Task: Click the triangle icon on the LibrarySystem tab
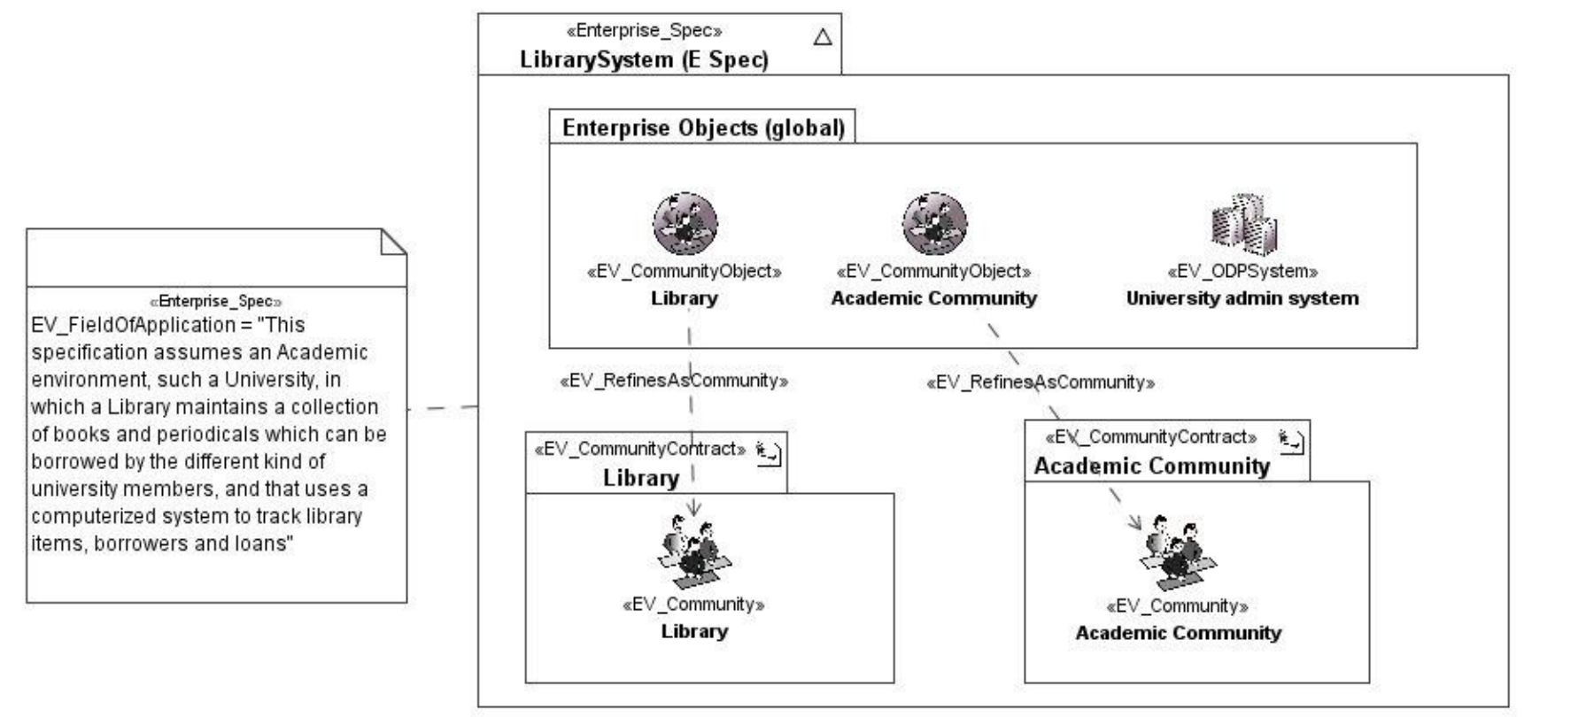(823, 37)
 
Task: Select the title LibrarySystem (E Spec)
(644, 59)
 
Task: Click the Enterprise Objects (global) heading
(703, 127)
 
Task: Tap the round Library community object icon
(685, 223)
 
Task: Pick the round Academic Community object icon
(934, 223)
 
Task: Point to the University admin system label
(1242, 298)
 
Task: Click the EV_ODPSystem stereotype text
(1242, 271)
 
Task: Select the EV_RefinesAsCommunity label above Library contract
(674, 381)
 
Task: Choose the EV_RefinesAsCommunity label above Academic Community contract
(1040, 382)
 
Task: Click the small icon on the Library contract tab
(769, 453)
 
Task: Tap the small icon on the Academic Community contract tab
(1291, 441)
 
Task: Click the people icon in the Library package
(694, 554)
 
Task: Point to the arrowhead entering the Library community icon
(694, 508)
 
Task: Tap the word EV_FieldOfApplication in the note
(133, 325)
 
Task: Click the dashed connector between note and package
(443, 408)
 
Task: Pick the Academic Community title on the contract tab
(1151, 466)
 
